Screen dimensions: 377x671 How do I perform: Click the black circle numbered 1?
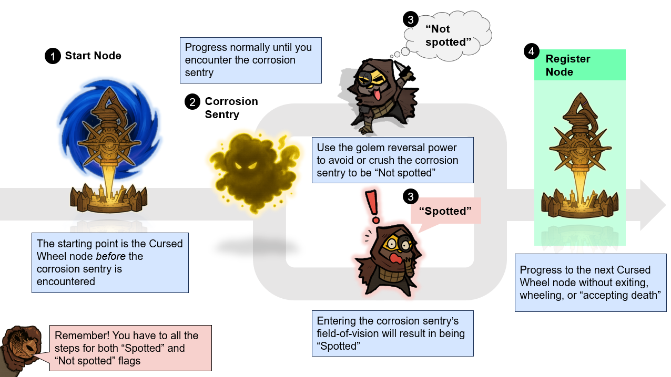53,56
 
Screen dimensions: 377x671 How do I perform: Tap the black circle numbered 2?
192,101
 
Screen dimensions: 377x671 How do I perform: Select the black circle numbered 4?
532,51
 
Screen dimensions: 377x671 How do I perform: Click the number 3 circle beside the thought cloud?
411,19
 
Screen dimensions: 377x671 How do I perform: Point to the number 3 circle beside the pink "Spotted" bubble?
411,196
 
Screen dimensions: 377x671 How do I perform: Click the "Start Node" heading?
93,56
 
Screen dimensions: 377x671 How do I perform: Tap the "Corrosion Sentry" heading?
231,108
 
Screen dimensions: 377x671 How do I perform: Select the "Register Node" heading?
567,65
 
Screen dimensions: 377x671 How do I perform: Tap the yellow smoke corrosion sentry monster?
252,171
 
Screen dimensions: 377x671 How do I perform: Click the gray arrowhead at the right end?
652,205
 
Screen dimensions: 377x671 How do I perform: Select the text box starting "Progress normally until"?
250,60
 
